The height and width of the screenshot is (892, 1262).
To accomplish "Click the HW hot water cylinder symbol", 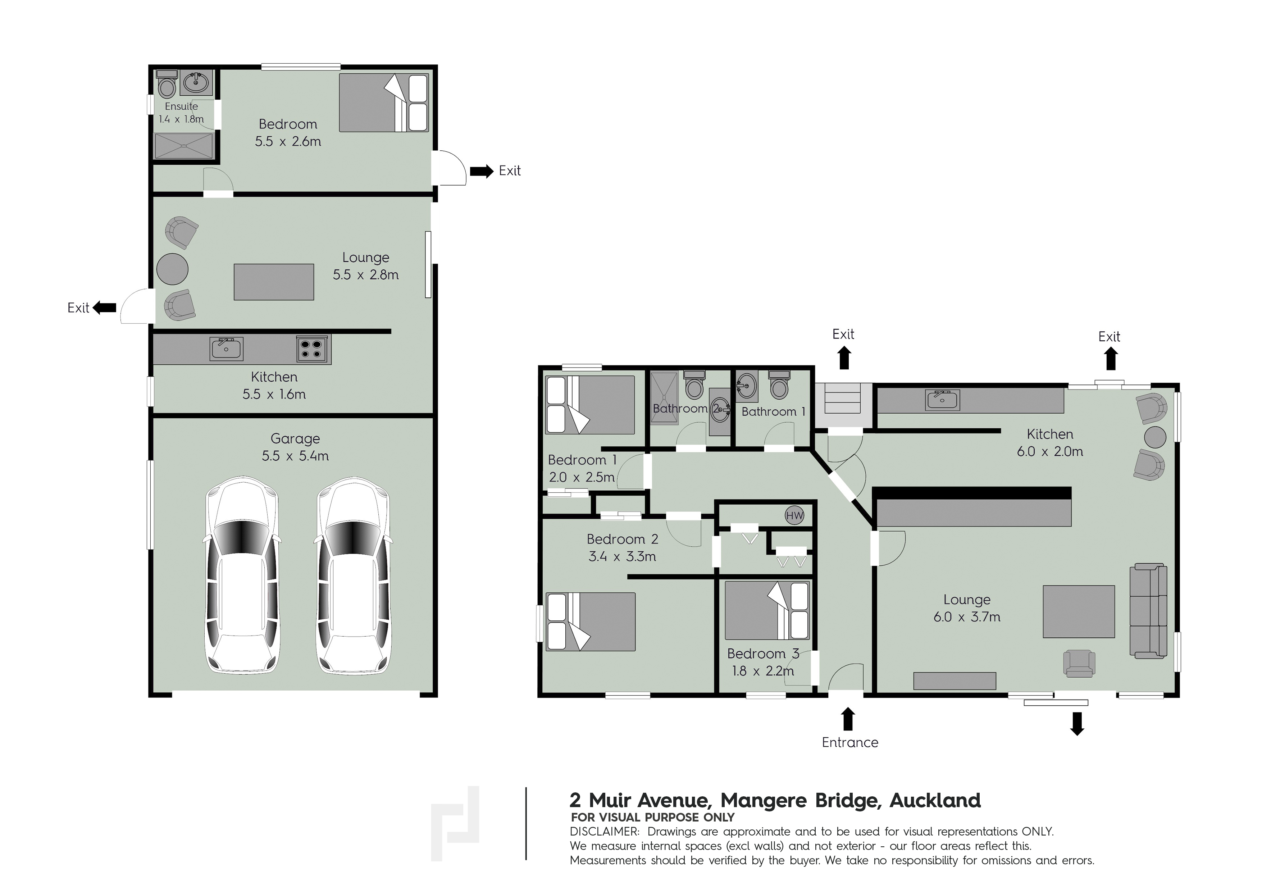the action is [794, 515].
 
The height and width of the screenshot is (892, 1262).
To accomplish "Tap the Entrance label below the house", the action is [850, 742].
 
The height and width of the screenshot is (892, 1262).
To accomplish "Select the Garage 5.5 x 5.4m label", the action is [295, 447].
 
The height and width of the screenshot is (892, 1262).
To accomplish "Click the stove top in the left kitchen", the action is [311, 349].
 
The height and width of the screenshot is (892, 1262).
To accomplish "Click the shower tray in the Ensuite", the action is [183, 146].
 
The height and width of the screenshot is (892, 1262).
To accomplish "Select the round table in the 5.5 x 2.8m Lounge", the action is [173, 269].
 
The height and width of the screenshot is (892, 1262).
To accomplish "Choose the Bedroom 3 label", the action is [763, 654].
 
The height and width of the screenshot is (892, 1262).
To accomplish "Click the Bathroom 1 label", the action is [773, 411].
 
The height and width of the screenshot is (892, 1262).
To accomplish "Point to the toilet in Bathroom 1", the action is [779, 385].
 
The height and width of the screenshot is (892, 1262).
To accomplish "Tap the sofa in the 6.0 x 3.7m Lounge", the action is [1148, 611].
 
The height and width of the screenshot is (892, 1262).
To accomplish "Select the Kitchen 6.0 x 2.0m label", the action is [1050, 442].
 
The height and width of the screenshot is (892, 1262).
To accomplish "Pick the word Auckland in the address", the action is [935, 800].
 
